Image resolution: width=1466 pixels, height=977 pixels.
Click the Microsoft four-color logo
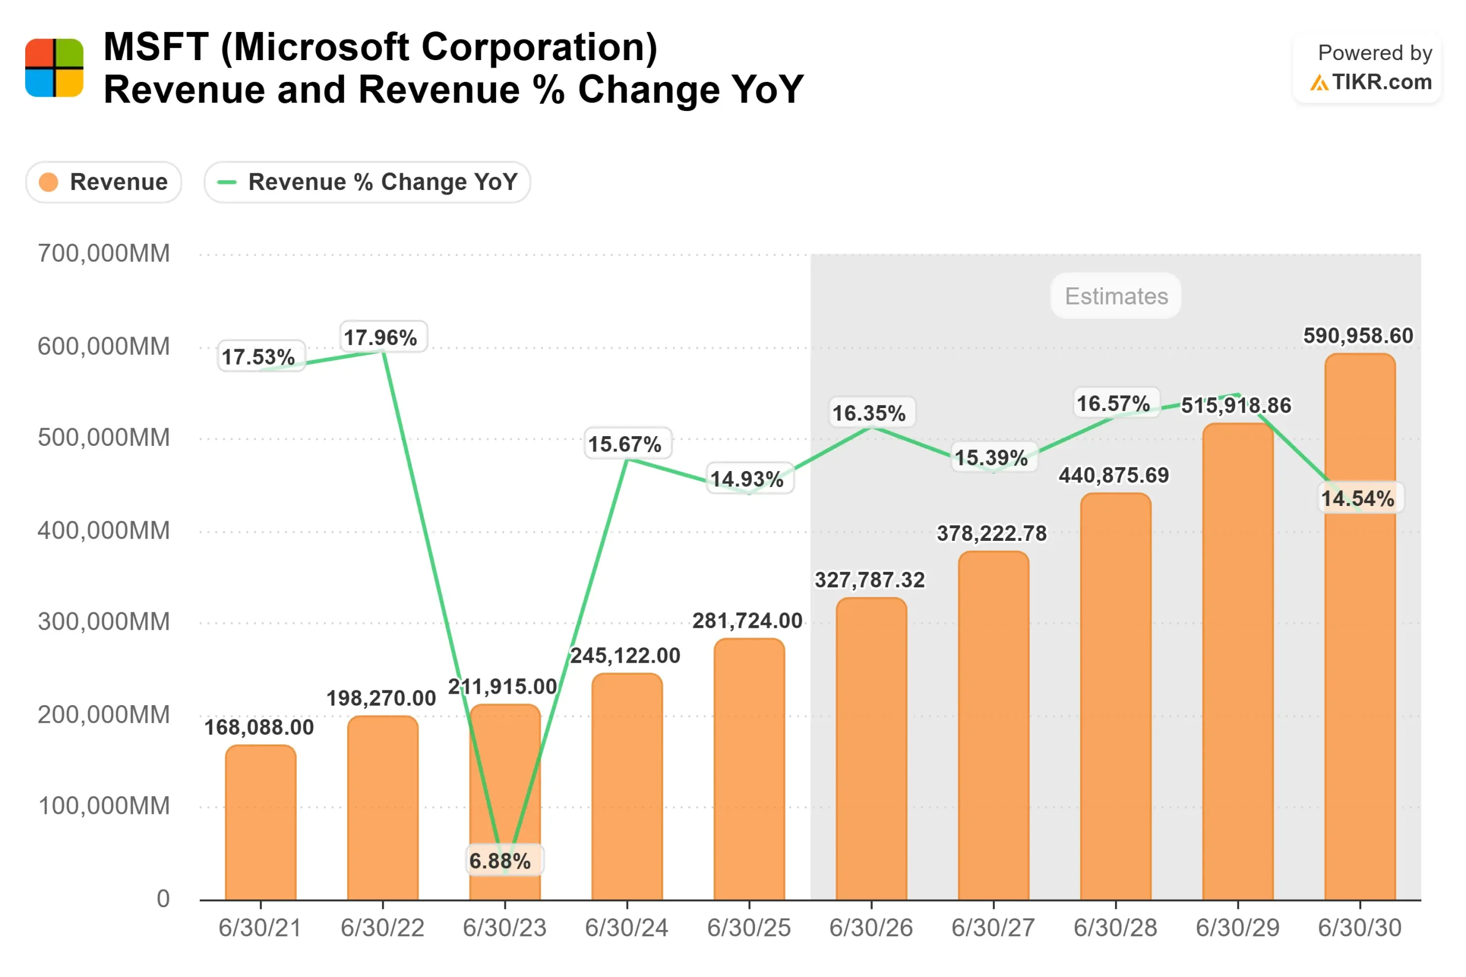pyautogui.click(x=54, y=68)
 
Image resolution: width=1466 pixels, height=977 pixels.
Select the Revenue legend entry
pyautogui.click(x=104, y=183)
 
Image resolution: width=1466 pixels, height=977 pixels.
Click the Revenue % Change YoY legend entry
pyautogui.click(x=367, y=183)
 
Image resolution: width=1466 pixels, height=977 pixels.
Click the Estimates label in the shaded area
pyautogui.click(x=1116, y=296)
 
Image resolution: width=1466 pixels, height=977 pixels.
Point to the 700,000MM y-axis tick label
pyautogui.click(x=104, y=254)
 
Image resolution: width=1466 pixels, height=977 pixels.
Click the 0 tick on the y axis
pyautogui.click(x=163, y=899)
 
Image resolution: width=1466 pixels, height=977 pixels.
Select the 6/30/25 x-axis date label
pyautogui.click(x=748, y=928)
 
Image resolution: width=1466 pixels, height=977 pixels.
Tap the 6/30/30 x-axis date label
pyautogui.click(x=1359, y=928)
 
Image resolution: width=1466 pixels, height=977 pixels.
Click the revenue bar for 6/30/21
pyautogui.click(x=261, y=822)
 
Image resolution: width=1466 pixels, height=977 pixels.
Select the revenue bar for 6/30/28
pyautogui.click(x=1116, y=698)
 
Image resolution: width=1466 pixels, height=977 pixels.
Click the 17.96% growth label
pyautogui.click(x=381, y=338)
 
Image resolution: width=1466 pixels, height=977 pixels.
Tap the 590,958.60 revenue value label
pyautogui.click(x=1358, y=336)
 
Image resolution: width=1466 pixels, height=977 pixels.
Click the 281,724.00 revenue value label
pyautogui.click(x=747, y=620)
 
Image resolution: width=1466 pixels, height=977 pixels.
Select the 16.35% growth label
pyautogui.click(x=869, y=413)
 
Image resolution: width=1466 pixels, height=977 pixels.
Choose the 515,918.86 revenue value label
pyautogui.click(x=1236, y=406)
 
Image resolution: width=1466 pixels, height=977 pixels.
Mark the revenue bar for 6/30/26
pyautogui.click(x=872, y=747)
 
